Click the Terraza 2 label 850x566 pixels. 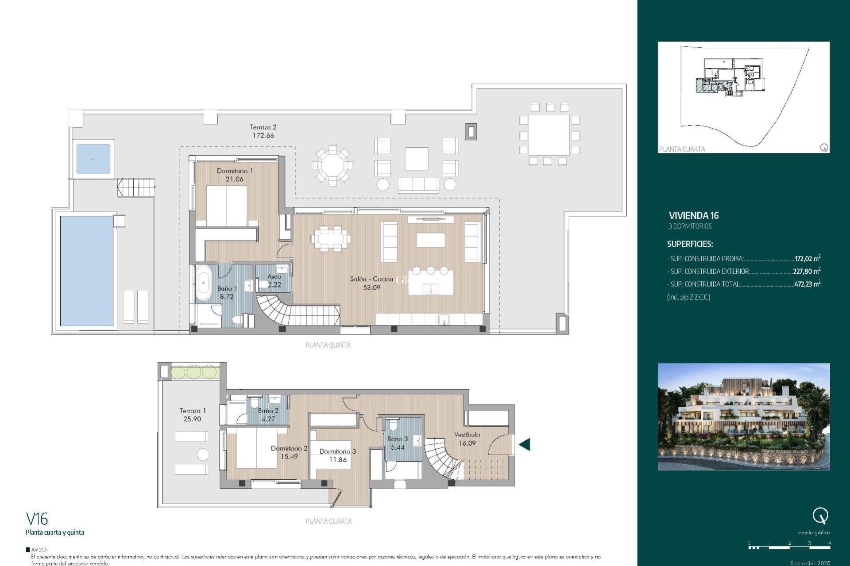pos(263,127)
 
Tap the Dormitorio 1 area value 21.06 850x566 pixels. pos(234,179)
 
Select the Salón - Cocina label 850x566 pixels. pos(371,279)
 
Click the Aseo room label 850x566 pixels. pos(274,277)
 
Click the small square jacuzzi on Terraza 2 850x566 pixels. pos(93,158)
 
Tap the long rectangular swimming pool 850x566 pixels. pos(87,271)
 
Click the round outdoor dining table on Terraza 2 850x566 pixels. pos(332,165)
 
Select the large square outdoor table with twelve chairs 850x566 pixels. pos(549,135)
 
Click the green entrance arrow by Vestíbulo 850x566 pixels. pos(525,444)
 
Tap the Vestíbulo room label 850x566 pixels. pos(467,435)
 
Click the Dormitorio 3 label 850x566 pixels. pos(337,451)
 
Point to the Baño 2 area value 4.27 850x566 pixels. pos(268,419)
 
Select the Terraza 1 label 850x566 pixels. pos(192,411)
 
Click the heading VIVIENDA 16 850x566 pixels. pos(693,216)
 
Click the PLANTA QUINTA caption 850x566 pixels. pos(328,345)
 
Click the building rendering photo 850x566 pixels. pos(743,417)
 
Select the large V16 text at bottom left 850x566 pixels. pos(37,519)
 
